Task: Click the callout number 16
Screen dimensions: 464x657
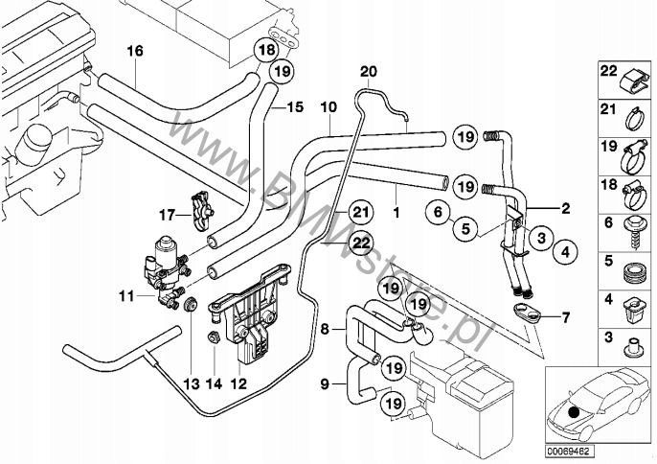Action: [134, 50]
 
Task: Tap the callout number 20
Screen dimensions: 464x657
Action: [369, 71]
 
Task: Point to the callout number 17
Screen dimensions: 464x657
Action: [168, 213]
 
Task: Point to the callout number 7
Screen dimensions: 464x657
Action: [565, 315]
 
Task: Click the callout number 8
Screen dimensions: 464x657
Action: [325, 328]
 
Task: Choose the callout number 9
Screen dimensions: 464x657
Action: [325, 383]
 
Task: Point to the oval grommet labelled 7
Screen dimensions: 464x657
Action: [525, 311]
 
